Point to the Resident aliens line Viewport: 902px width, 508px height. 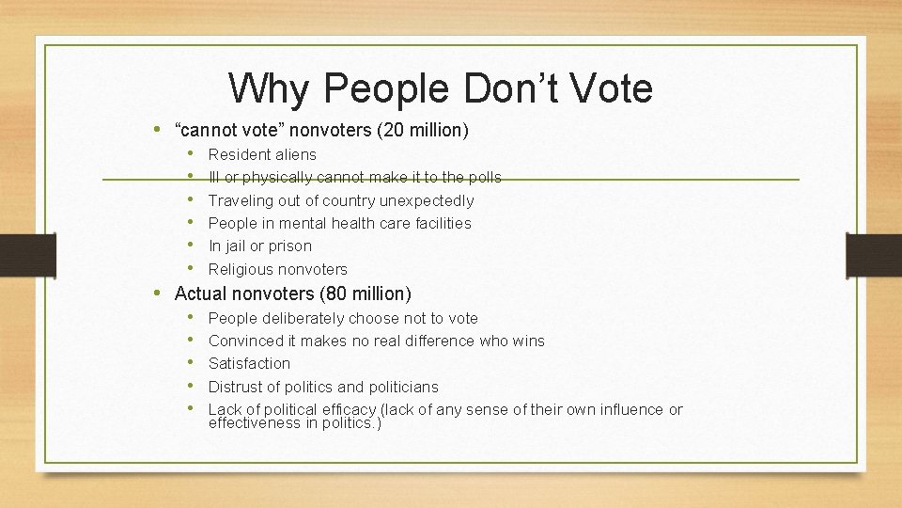262,154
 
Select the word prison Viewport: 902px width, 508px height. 290,246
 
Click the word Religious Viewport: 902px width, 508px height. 240,269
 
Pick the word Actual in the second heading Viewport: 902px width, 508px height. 200,294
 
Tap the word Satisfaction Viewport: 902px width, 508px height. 249,363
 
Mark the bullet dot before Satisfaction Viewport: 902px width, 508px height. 191,363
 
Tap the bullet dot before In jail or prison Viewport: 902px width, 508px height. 191,246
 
